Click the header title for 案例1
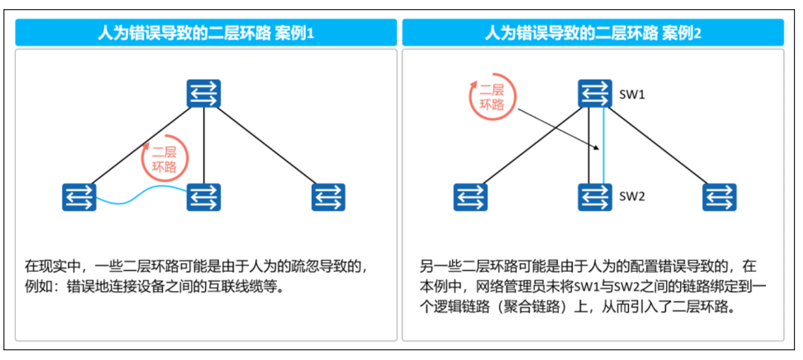[206, 33]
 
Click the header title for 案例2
[593, 33]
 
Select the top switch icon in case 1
[203, 93]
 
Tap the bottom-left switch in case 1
[79, 197]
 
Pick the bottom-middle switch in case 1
[203, 197]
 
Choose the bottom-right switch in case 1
[328, 197]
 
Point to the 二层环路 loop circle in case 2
[492, 96]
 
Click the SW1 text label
[632, 95]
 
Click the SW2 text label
[632, 197]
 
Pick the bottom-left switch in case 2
[470, 197]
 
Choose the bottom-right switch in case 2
[719, 197]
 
